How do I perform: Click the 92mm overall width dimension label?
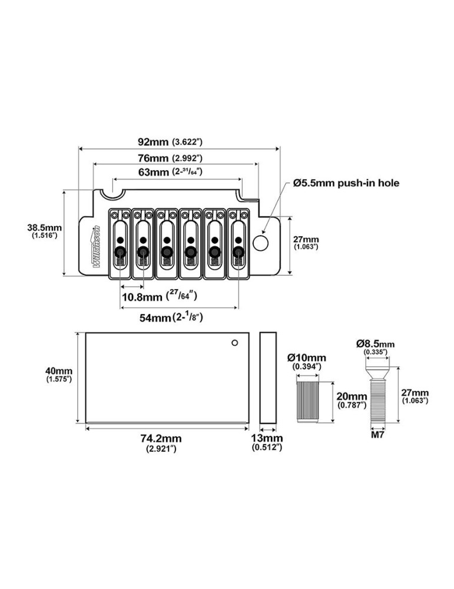(x=153, y=143)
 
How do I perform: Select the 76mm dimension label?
(x=153, y=158)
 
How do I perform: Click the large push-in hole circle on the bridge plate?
(x=261, y=242)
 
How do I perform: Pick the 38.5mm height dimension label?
(x=45, y=228)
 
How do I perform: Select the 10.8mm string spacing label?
(x=145, y=296)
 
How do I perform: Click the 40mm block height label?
(x=58, y=371)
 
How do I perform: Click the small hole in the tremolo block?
(x=234, y=343)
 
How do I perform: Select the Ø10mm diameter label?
(x=306, y=358)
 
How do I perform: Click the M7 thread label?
(x=377, y=436)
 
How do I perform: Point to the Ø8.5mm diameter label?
(x=375, y=344)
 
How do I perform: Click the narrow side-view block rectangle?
(x=268, y=377)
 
